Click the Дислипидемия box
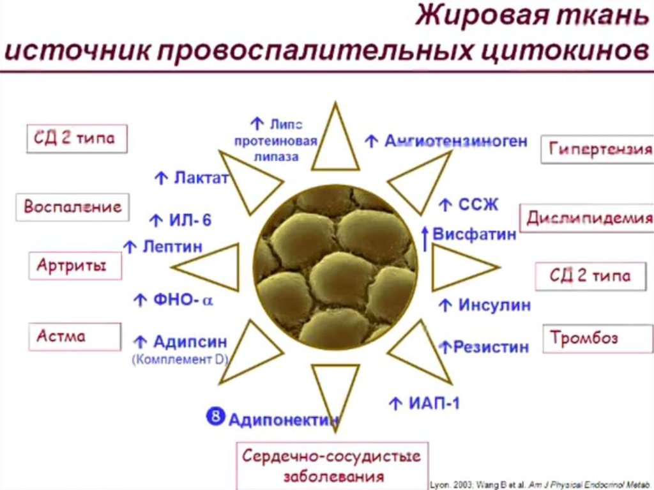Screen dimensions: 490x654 point(588,218)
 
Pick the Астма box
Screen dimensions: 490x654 point(74,336)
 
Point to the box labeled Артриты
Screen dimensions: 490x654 point(75,266)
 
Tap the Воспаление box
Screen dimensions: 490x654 point(72,207)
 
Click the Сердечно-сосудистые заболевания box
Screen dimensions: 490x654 point(331,466)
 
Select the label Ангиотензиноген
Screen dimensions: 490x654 point(455,141)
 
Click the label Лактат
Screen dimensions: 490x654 point(200,178)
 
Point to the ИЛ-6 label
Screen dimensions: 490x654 point(189,221)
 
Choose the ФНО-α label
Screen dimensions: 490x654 point(181,299)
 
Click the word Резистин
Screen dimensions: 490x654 point(490,347)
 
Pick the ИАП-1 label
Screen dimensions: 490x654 point(433,402)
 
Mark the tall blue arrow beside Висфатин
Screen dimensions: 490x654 point(425,238)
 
